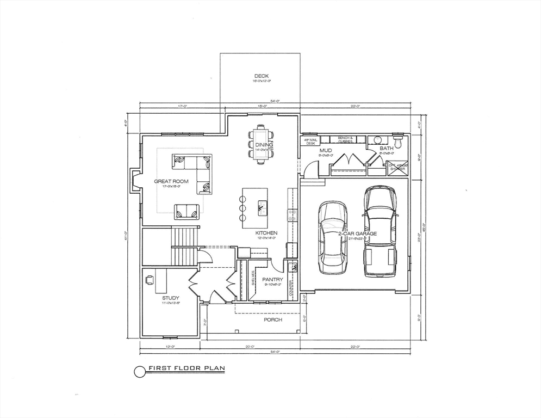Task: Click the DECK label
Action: point(262,76)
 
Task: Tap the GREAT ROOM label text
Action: point(171,181)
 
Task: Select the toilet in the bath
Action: point(398,142)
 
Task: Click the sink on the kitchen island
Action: point(262,205)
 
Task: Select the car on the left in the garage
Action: point(332,237)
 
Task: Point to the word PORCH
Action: point(273,319)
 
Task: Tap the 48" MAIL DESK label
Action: point(310,142)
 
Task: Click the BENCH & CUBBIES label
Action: point(345,139)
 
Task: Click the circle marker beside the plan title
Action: point(139,371)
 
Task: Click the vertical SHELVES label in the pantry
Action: point(253,278)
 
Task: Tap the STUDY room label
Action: point(170,298)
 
